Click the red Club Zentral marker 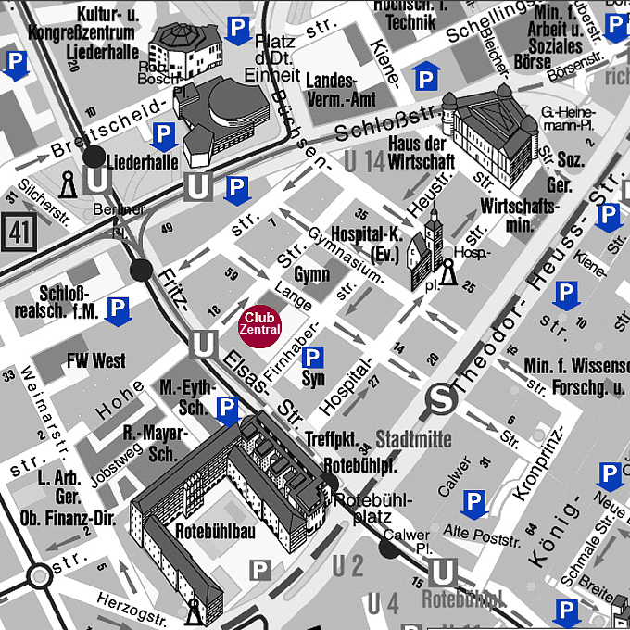click(x=259, y=324)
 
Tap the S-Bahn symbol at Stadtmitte click(x=441, y=401)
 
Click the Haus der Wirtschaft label click(x=421, y=151)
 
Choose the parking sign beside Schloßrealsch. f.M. click(x=118, y=310)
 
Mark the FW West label click(x=95, y=360)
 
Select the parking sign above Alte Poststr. click(x=473, y=503)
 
